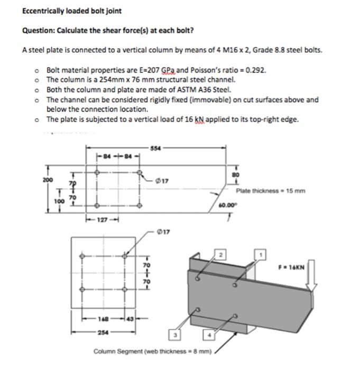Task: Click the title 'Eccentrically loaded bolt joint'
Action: point(64,11)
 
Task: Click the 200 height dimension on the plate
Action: point(48,179)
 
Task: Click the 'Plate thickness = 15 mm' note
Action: point(271,191)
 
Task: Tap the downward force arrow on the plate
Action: point(312,275)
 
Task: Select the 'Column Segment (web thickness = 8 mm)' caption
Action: point(153,351)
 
